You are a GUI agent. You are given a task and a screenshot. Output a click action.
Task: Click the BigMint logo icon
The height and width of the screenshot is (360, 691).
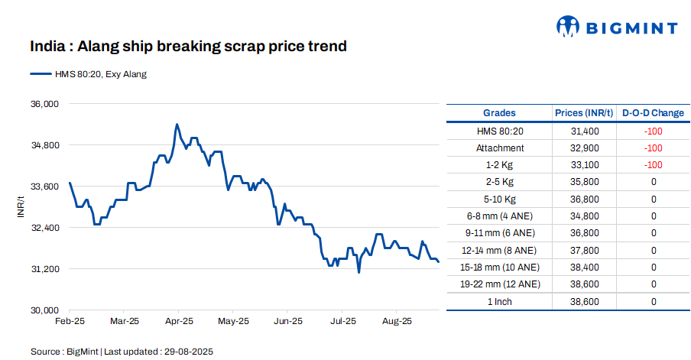click(568, 27)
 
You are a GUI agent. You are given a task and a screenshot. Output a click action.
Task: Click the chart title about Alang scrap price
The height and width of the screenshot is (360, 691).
click(188, 47)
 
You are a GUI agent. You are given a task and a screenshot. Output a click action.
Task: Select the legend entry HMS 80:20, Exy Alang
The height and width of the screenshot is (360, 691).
click(88, 74)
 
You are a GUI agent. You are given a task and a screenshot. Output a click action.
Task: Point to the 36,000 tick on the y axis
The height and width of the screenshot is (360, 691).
click(44, 103)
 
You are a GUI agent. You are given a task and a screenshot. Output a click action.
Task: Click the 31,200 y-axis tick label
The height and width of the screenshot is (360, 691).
click(44, 269)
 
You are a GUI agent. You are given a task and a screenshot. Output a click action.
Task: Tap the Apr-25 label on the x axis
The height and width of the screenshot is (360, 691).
click(179, 321)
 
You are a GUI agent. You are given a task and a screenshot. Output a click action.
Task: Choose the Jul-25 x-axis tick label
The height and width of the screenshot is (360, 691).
click(342, 321)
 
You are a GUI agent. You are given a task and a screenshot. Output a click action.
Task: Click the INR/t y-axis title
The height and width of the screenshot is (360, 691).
click(21, 206)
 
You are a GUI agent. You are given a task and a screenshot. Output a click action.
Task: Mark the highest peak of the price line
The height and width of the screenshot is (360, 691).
click(177, 124)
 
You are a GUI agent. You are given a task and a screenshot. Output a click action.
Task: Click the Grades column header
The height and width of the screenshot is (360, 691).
click(499, 113)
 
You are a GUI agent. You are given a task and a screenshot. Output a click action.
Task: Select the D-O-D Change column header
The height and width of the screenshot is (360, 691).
click(653, 113)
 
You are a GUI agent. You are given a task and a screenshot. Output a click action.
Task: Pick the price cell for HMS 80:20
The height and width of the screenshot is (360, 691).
click(585, 131)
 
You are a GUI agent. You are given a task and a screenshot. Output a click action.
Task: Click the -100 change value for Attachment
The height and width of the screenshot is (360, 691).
click(653, 148)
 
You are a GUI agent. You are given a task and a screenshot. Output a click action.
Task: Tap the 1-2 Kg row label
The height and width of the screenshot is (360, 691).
click(499, 165)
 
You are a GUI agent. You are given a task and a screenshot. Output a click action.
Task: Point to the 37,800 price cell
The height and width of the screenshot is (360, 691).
click(585, 250)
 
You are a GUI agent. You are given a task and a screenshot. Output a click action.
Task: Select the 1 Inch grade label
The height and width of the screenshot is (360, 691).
click(499, 302)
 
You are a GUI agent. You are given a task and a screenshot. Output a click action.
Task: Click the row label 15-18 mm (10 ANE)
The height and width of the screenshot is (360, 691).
click(499, 268)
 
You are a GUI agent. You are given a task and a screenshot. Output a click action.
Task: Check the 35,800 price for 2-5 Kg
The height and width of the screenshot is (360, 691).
click(585, 182)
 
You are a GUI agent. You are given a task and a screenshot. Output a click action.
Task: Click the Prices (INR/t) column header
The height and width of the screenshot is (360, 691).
click(585, 113)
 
